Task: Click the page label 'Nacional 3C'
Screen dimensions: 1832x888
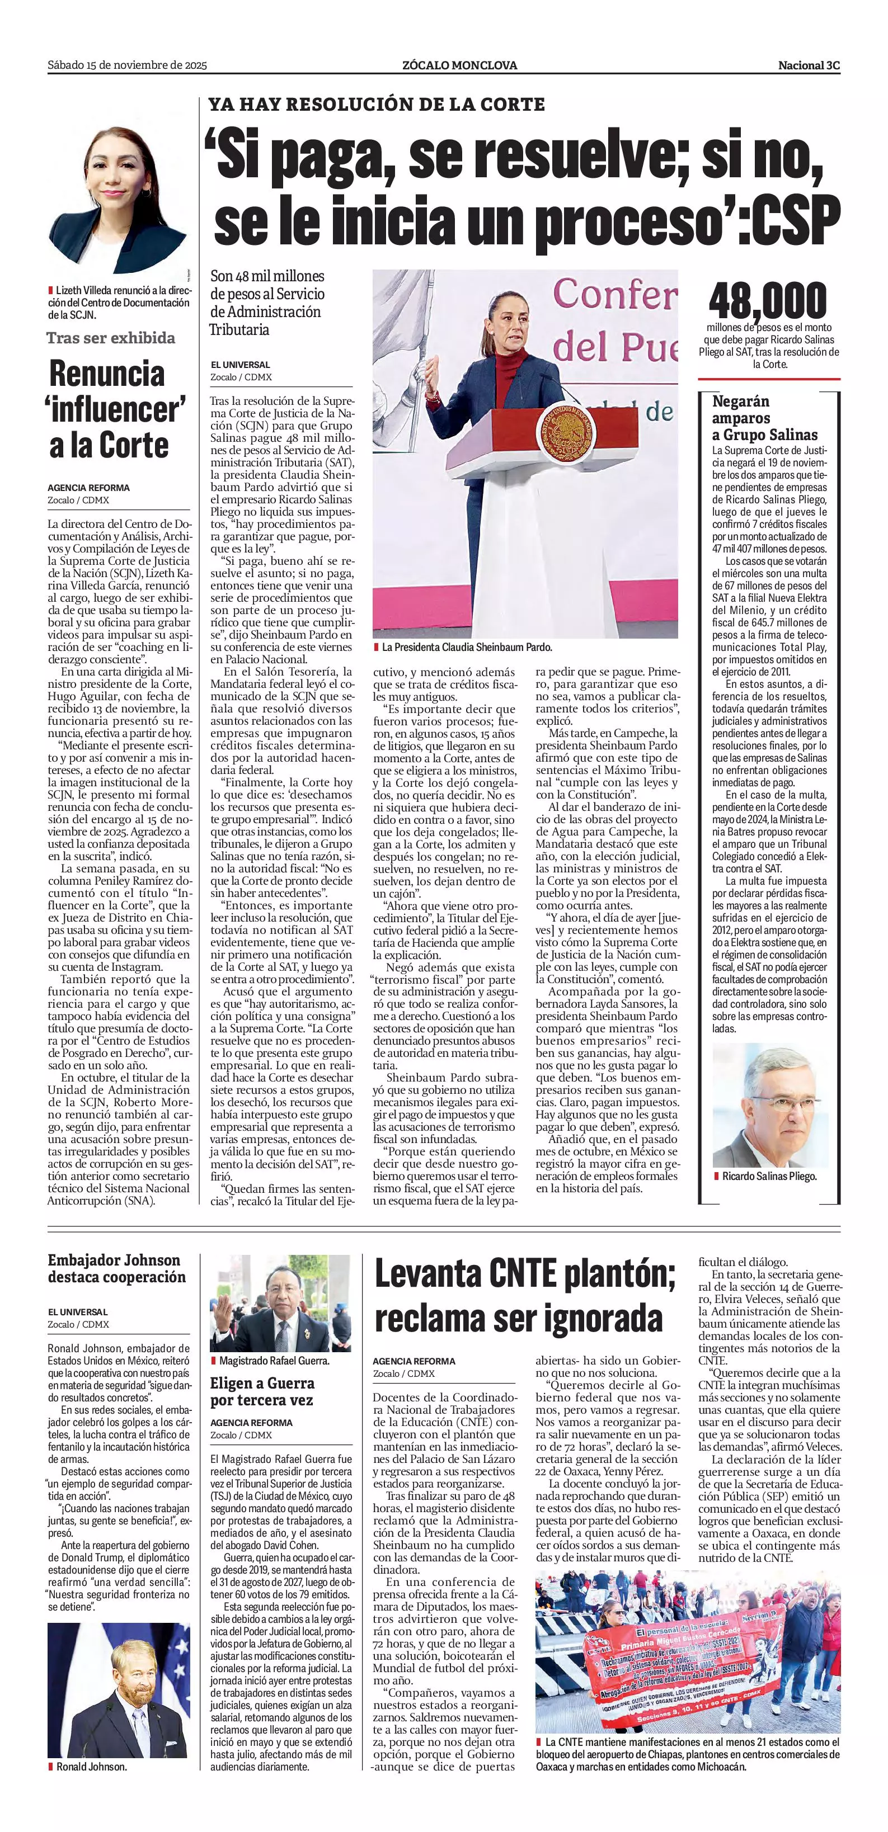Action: tap(809, 65)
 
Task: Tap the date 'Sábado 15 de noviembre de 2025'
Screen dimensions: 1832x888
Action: tap(126, 65)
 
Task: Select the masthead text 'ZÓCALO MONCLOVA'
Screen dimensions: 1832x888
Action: tap(459, 65)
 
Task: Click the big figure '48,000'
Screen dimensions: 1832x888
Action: tap(767, 301)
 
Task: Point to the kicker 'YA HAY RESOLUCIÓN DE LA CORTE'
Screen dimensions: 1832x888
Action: tap(377, 105)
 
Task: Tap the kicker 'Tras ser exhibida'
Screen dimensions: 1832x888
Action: tap(110, 338)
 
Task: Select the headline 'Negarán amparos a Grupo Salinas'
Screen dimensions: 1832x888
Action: tap(764, 418)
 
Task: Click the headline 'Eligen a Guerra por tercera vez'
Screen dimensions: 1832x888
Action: tap(262, 1392)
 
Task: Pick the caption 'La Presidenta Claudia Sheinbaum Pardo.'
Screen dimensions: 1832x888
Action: tap(466, 647)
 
